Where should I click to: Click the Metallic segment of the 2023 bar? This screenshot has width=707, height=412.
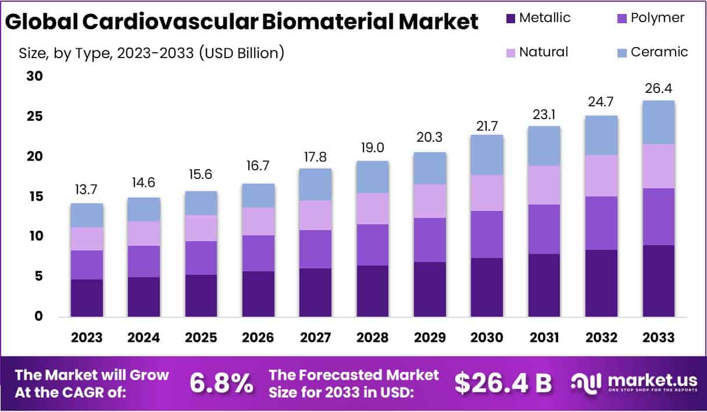[x=87, y=298]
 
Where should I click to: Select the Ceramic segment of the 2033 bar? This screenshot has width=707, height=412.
[x=659, y=122]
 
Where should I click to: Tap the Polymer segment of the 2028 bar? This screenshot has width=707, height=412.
[x=373, y=245]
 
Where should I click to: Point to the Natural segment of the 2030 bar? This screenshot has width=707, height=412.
[x=487, y=193]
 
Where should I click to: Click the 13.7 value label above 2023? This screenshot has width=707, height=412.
[x=87, y=190]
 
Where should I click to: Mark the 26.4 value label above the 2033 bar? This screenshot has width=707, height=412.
[x=659, y=88]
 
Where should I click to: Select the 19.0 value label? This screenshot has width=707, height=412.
[x=373, y=147]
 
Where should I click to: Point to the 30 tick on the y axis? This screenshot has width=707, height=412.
[x=35, y=76]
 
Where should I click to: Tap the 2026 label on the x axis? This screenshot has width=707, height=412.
[x=258, y=338]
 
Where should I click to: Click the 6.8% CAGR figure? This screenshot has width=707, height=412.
[x=222, y=383]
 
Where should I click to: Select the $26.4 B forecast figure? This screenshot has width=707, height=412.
[x=502, y=382]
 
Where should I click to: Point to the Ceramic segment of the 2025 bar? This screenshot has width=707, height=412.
[x=201, y=203]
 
